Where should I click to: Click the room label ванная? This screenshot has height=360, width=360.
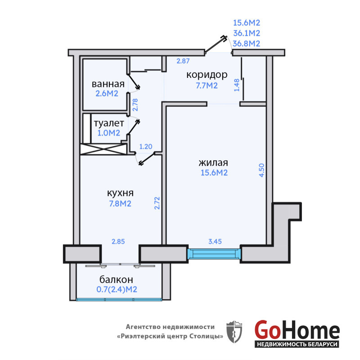tap(108, 84)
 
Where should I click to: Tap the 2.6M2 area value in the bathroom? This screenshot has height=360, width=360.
tap(107, 94)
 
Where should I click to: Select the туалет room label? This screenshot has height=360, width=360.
tap(109, 123)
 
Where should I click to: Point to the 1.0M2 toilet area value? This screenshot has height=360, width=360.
tap(109, 133)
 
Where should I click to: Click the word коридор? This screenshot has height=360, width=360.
tap(207, 75)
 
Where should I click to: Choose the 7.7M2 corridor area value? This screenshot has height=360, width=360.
tap(207, 85)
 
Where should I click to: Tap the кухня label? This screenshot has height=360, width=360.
tap(120, 193)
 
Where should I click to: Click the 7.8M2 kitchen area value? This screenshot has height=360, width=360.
tap(120, 203)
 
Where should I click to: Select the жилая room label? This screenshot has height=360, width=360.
tap(213, 163)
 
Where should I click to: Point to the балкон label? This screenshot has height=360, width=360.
tap(116, 279)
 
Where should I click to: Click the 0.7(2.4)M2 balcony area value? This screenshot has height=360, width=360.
tap(117, 289)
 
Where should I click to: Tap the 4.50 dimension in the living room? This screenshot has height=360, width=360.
tap(262, 170)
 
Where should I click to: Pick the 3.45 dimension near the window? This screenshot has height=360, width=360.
tap(215, 241)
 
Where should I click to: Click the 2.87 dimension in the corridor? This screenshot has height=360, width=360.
tap(183, 61)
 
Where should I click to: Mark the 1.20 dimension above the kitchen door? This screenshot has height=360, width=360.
tap(146, 147)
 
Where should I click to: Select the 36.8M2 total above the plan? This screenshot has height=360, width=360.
tap(247, 43)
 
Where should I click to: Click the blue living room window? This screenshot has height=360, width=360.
tap(214, 254)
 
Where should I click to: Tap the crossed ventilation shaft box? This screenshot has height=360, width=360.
tap(103, 149)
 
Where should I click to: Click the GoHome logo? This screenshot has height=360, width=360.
tap(297, 333)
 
